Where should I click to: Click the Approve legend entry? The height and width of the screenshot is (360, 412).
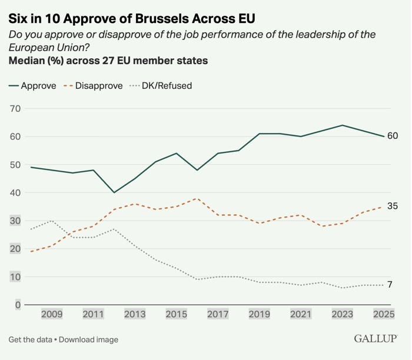click(x=32, y=86)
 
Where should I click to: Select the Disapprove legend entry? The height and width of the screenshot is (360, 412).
click(x=93, y=86)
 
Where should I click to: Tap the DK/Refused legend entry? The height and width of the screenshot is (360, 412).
click(x=161, y=86)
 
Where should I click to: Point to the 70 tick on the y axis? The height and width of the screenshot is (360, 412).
click(x=15, y=108)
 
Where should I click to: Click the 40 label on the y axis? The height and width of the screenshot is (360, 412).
click(x=15, y=193)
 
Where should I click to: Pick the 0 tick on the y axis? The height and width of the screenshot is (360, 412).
click(x=18, y=305)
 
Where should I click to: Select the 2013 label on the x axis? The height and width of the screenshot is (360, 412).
click(x=135, y=314)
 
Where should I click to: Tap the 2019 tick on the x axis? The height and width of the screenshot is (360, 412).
click(x=260, y=314)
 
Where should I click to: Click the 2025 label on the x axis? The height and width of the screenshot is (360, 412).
click(x=384, y=314)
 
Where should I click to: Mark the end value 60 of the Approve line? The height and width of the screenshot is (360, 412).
click(x=393, y=136)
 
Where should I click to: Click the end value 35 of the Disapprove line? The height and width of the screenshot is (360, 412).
click(x=393, y=206)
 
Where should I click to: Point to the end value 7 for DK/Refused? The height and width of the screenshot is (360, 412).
click(x=390, y=284)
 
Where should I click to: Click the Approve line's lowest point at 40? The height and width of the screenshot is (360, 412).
click(x=114, y=192)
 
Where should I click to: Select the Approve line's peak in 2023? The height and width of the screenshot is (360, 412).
click(x=343, y=125)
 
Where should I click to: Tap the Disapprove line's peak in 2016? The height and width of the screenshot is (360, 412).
click(x=197, y=198)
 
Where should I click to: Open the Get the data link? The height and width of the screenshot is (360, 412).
click(x=30, y=339)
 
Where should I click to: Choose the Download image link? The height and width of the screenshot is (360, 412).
click(x=88, y=339)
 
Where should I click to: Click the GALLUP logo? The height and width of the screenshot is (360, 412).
click(x=376, y=338)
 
